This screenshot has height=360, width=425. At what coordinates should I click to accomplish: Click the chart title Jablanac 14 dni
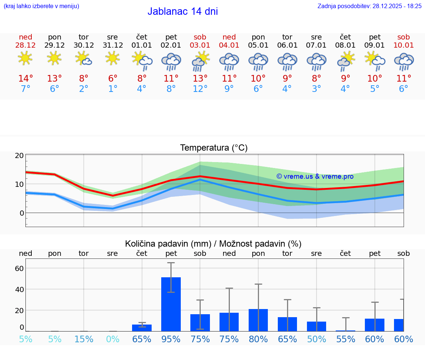[x=183, y=11]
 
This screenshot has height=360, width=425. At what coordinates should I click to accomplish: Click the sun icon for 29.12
[x=54, y=58]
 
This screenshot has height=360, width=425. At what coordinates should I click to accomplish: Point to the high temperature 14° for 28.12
[x=25, y=79]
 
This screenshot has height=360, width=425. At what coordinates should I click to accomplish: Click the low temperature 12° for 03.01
[x=200, y=89]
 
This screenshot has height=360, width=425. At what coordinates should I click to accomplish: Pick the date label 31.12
[x=113, y=45]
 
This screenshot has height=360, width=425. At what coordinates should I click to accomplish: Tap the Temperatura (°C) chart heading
[x=214, y=148]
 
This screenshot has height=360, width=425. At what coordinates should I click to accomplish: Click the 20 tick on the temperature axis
[x=19, y=155]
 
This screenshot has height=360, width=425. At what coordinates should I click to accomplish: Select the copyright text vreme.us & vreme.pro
[x=315, y=176]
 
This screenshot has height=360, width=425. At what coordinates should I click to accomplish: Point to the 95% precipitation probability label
[x=171, y=339]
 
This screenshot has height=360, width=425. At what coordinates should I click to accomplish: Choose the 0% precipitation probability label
[x=113, y=339]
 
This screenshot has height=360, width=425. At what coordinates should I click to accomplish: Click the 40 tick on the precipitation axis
[x=19, y=289]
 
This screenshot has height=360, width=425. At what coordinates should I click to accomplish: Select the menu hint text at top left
[x=41, y=6]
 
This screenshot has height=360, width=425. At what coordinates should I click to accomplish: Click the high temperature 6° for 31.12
[x=113, y=79]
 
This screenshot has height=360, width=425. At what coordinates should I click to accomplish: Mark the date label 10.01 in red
[x=404, y=45]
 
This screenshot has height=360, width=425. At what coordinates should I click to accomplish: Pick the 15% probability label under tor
[x=84, y=339]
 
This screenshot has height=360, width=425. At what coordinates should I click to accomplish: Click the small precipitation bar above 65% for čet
[x=142, y=328]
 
